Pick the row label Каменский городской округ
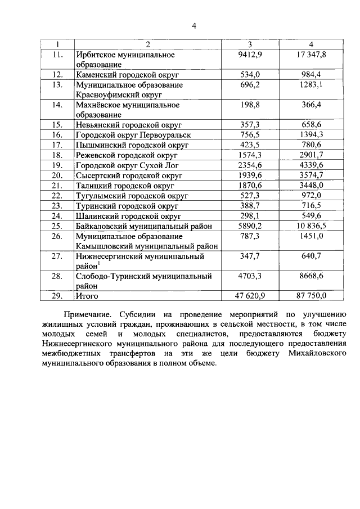[x=123, y=75]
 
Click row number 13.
[x=56, y=85]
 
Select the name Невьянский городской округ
[x=125, y=125]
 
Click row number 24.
[x=56, y=215]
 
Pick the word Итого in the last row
[x=86, y=295]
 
